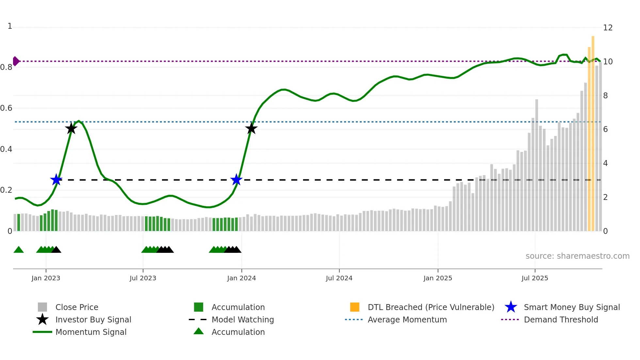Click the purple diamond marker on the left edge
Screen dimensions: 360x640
(x=16, y=61)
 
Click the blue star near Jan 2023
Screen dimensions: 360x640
(x=56, y=180)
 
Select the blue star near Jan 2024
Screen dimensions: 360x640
(x=236, y=180)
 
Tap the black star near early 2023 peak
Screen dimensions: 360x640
(x=71, y=128)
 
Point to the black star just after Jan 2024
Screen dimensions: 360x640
(x=251, y=128)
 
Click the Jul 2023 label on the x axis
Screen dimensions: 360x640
(x=143, y=278)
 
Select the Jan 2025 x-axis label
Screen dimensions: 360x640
(x=438, y=278)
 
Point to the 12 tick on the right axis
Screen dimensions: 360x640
(x=608, y=28)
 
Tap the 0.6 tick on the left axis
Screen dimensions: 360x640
(x=7, y=108)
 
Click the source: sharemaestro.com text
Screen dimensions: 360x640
(x=577, y=256)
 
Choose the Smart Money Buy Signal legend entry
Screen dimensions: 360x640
(x=571, y=307)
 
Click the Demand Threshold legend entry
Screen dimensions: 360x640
(x=561, y=319)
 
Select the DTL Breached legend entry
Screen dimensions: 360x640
(x=431, y=307)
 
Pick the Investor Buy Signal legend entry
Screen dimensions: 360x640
(x=93, y=319)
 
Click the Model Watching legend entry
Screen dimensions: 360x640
(x=242, y=319)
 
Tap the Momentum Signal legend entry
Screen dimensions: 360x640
(x=91, y=332)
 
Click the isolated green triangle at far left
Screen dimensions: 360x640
(x=19, y=250)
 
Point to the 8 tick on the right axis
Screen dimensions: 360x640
(x=605, y=96)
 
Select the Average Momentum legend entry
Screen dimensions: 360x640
(x=407, y=319)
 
